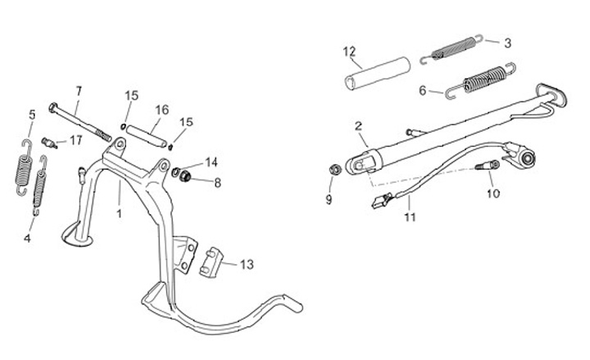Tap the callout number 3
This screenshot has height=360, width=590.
[507, 42]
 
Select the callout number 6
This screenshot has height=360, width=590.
[423, 90]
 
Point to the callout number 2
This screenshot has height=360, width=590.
[358, 126]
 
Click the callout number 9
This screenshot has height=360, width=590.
[329, 198]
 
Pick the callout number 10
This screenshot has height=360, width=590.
[492, 194]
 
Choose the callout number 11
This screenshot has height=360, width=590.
[410, 217]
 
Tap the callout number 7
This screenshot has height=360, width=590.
[79, 89]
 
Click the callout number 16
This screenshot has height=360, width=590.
[161, 109]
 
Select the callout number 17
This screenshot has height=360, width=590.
[76, 140]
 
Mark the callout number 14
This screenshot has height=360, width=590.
[211, 162]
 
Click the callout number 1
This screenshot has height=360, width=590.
[120, 212]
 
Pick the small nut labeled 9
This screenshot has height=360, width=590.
[334, 170]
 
